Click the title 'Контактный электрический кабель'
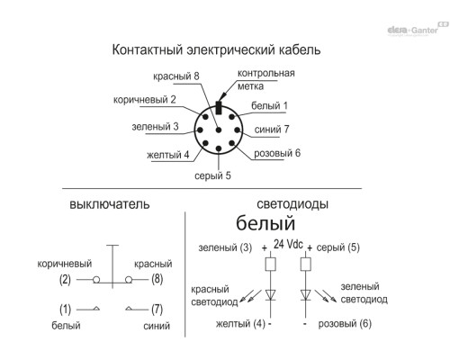tap(216, 49)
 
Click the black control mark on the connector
tap(219, 108)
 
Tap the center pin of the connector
tap(219, 130)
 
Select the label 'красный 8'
tap(176, 76)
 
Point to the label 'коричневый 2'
tap(144, 100)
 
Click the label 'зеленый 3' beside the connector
tap(155, 127)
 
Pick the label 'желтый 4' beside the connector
tap(168, 155)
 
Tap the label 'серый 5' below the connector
tap(212, 175)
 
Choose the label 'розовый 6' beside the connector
tap(277, 153)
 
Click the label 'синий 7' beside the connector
tap(272, 130)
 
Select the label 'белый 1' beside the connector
tap(269, 105)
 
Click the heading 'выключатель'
tap(110, 204)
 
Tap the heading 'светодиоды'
tap(292, 204)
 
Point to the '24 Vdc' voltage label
tap(288, 244)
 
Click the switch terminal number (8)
tap(157, 279)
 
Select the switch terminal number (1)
tap(65, 309)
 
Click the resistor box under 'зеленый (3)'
tap(271, 265)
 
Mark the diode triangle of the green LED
tap(306, 294)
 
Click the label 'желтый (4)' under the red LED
tap(240, 324)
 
